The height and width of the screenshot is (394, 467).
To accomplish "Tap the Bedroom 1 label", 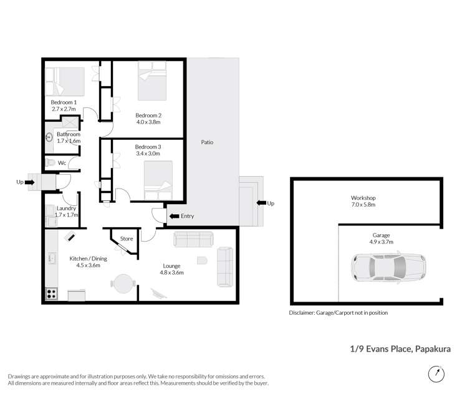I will [x=64, y=102].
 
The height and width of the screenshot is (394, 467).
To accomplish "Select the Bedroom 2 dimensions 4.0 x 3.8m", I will [x=149, y=123].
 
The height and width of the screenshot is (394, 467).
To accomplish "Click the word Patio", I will [x=207, y=142].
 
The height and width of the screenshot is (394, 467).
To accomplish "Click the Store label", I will [x=127, y=239].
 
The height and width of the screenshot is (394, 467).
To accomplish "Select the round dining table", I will [x=123, y=284].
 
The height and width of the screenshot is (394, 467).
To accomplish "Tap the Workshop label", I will [x=363, y=198].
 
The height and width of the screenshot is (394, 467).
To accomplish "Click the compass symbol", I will [x=437, y=373].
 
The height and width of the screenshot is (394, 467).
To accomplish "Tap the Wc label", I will [x=62, y=163].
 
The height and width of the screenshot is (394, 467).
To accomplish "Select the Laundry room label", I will [x=66, y=208].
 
